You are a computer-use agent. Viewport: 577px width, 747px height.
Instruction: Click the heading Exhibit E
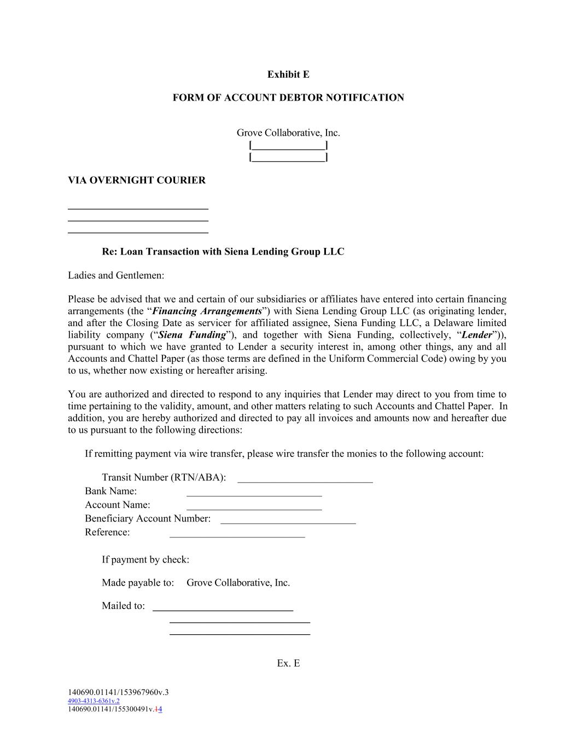pos(288,74)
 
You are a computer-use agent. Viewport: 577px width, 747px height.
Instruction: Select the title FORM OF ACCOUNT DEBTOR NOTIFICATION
pos(288,98)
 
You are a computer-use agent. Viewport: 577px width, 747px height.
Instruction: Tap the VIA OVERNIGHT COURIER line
pos(137,181)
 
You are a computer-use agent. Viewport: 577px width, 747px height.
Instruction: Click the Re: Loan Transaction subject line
pos(223,252)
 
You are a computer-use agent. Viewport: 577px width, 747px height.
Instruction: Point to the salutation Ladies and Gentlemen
pos(116,275)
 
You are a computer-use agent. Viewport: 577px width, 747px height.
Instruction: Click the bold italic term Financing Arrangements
pos(207,311)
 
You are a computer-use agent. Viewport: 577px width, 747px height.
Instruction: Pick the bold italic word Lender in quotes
pos(477,335)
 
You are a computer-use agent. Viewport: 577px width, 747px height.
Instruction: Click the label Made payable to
pos(138,583)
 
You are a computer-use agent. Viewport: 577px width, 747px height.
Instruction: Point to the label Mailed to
pos(124,606)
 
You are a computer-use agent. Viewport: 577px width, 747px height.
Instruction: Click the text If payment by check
pos(145,560)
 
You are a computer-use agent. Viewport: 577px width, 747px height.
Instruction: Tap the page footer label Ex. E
pos(288,663)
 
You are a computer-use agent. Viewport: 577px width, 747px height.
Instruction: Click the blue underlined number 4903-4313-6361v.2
pos(94,701)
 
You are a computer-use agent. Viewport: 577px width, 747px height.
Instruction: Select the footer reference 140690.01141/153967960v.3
pos(118,692)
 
